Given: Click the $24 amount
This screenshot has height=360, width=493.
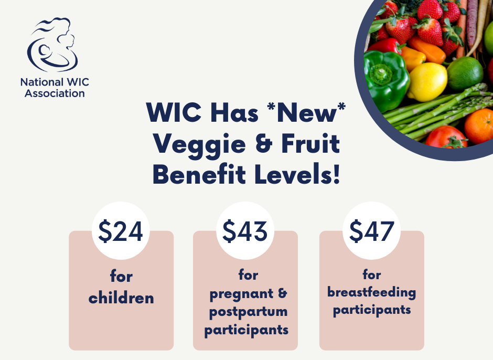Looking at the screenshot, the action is (121, 231).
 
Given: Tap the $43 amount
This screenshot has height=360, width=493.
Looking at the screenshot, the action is (245, 231).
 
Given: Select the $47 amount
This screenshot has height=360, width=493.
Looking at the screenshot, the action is (372, 231).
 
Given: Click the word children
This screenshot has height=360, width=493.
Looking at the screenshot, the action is (121, 298).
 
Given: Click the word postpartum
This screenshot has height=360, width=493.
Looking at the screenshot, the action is (249, 312).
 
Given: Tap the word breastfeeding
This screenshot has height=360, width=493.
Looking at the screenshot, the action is (372, 292).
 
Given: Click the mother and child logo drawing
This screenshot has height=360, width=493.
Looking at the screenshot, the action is (52, 45).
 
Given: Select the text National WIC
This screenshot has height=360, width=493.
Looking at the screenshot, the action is (55, 82).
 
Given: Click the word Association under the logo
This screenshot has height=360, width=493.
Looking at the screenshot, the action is (55, 93).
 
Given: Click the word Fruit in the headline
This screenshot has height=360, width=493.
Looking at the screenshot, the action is (310, 143).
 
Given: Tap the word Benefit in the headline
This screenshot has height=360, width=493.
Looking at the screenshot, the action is (199, 174).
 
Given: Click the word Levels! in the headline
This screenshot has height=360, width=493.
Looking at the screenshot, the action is (298, 174).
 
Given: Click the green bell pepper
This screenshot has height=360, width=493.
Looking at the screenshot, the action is (386, 80).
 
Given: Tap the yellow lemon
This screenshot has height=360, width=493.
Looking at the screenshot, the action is (427, 82).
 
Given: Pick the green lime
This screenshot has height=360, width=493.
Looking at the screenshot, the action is (465, 73).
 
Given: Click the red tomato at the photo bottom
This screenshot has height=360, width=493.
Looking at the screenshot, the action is (446, 137).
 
